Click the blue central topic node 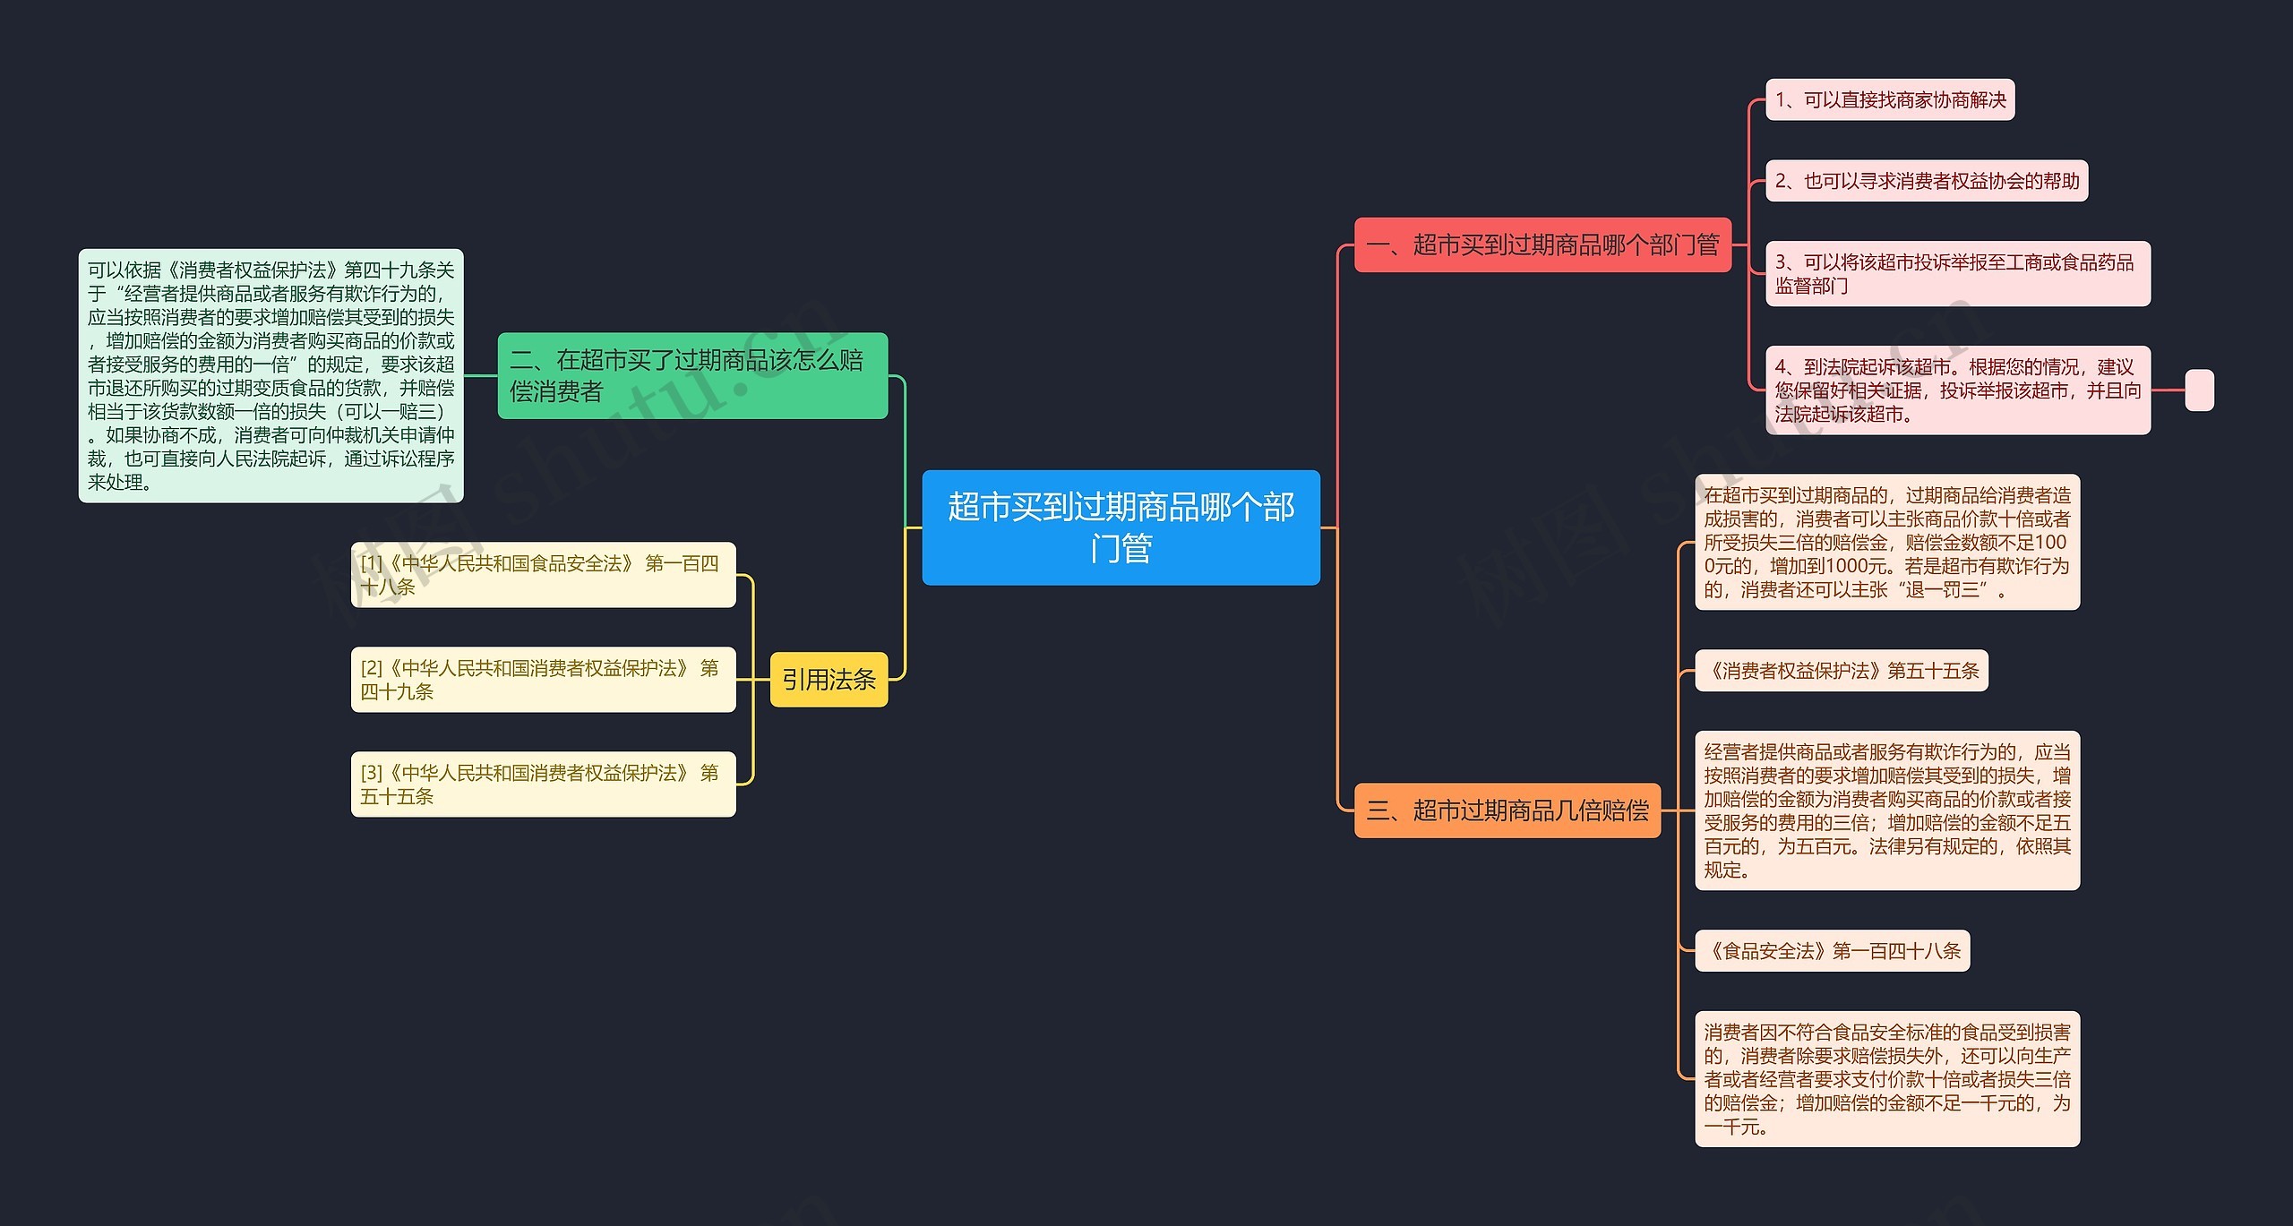1121,527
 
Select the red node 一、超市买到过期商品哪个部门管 1542,244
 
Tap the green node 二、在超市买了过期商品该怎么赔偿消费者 692,376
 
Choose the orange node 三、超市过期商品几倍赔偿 1507,810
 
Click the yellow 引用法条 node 829,680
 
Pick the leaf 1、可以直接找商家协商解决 1890,99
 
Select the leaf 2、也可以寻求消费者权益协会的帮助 1926,181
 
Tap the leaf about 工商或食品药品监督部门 1957,274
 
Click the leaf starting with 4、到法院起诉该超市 1957,390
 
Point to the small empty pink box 2199,390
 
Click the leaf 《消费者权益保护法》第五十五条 1841,671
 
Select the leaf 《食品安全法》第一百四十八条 1832,951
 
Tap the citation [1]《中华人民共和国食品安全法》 543,575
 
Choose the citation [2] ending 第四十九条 543,680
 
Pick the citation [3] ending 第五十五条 543,784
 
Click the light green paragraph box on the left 271,376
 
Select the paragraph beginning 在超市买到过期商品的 1887,543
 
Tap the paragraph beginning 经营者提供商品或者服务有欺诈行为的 1887,810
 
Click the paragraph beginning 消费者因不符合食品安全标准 1887,1079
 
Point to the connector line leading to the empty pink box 2168,390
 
